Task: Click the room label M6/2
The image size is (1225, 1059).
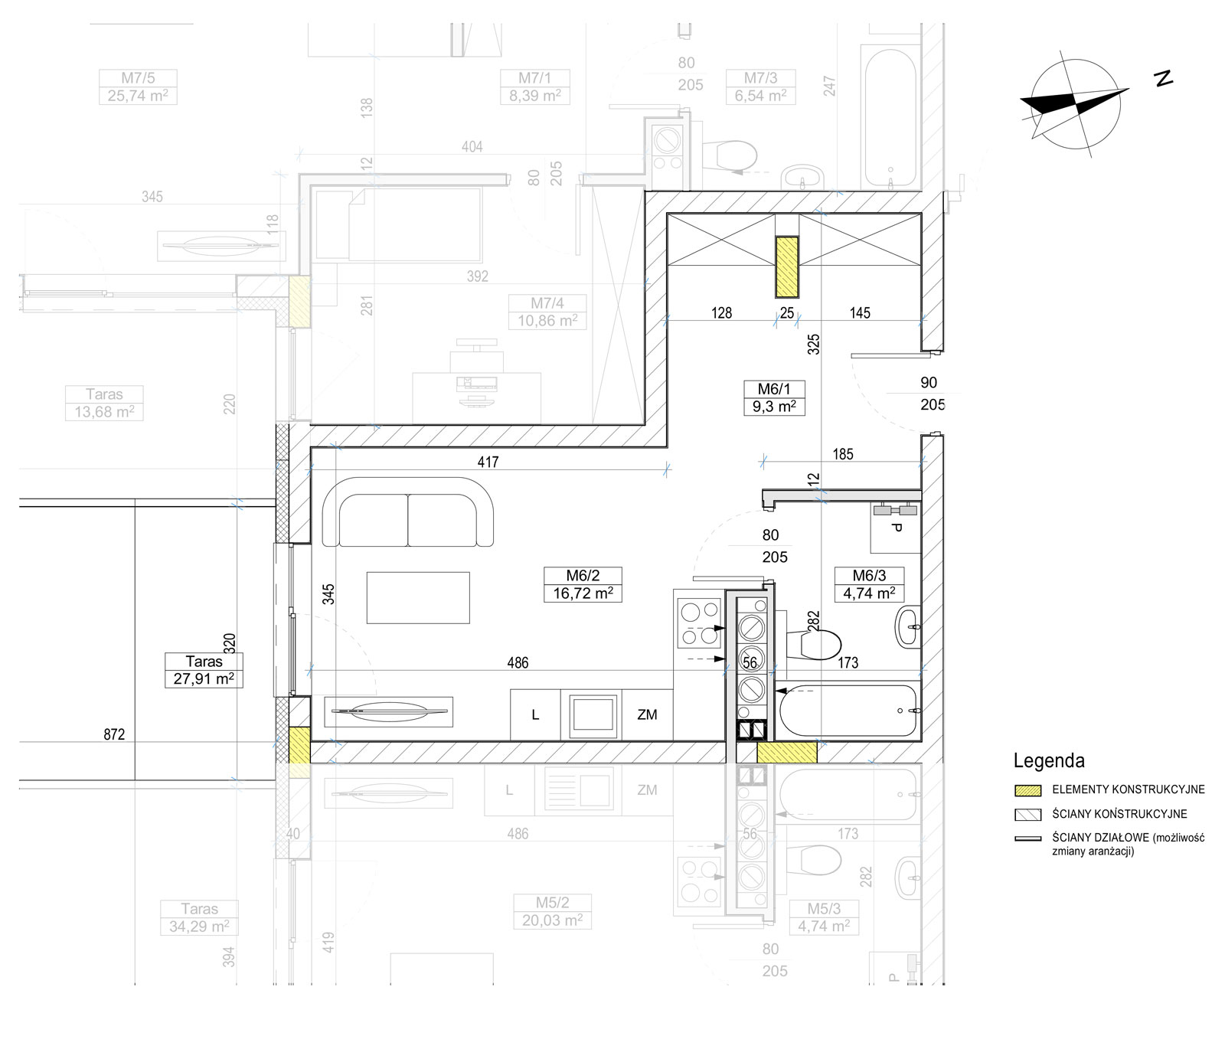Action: click(x=583, y=576)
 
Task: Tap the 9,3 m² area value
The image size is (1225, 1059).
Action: click(x=773, y=407)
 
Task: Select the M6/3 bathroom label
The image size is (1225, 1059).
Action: click(x=869, y=576)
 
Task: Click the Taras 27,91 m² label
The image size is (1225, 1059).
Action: click(x=204, y=670)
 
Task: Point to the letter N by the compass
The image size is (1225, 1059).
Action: click(x=1165, y=78)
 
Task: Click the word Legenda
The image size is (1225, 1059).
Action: click(x=1049, y=760)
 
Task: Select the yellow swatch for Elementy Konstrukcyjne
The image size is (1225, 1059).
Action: click(x=1027, y=790)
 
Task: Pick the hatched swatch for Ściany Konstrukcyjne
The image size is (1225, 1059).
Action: click(x=1027, y=815)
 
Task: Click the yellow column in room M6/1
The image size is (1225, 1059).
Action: click(x=787, y=266)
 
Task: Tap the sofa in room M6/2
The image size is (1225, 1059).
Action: click(x=408, y=512)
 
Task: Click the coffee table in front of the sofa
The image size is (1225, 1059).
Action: click(x=418, y=597)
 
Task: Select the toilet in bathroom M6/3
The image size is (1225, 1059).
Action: click(x=815, y=642)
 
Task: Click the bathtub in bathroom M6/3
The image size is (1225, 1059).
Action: click(x=848, y=711)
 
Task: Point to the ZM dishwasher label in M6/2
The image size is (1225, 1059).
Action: click(x=647, y=714)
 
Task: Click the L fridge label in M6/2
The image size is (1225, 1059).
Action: click(x=535, y=714)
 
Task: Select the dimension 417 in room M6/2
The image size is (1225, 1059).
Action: click(x=488, y=462)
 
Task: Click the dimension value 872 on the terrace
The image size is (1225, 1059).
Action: click(x=114, y=734)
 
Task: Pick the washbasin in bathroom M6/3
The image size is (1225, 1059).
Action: click(x=908, y=627)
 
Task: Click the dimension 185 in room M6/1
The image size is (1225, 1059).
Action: click(x=843, y=454)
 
